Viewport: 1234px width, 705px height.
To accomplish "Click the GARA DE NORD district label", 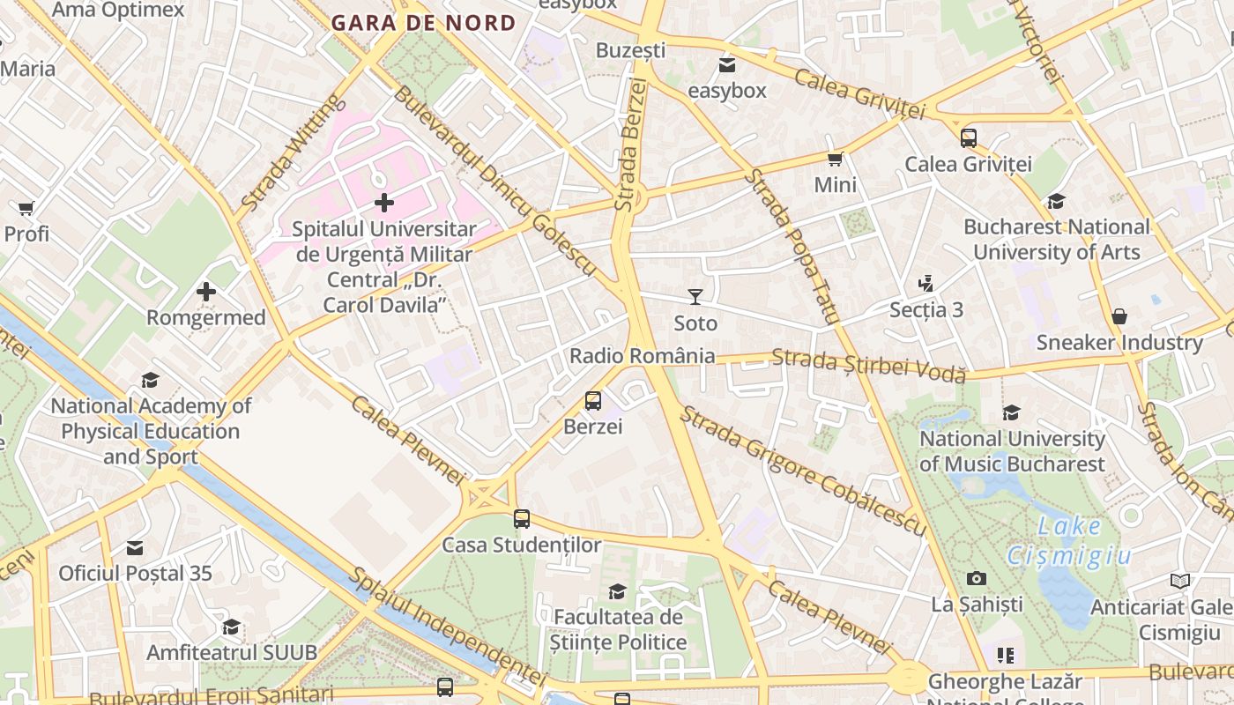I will (424, 23).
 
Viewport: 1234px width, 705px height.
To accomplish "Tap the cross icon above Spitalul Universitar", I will (384, 203).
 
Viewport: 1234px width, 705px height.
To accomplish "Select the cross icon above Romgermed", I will (206, 292).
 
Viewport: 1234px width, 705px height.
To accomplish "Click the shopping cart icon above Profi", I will (26, 208).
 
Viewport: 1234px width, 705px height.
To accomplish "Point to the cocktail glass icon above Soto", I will (695, 297).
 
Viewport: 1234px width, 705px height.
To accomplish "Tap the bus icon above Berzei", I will (593, 401).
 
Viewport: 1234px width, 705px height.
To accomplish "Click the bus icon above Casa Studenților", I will (522, 519).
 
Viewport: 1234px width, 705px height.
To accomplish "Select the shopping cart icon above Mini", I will (835, 159).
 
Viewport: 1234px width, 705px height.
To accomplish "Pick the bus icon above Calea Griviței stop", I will (969, 137).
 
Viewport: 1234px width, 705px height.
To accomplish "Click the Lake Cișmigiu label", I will (1068, 540).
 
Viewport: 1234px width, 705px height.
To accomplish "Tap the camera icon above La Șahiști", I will (977, 578).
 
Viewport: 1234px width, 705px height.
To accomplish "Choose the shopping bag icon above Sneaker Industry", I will (1119, 315).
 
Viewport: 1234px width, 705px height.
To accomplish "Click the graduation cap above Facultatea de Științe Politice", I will (618, 590).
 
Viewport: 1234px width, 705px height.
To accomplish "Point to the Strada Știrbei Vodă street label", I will (868, 365).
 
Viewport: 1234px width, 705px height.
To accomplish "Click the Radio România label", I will (643, 356).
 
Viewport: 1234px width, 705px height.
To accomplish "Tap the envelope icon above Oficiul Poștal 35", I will (135, 548).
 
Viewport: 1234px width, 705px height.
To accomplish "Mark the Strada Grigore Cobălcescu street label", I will (802, 471).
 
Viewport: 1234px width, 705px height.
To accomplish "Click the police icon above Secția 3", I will (925, 284).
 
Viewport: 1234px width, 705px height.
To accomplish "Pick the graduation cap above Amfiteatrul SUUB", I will (231, 627).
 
